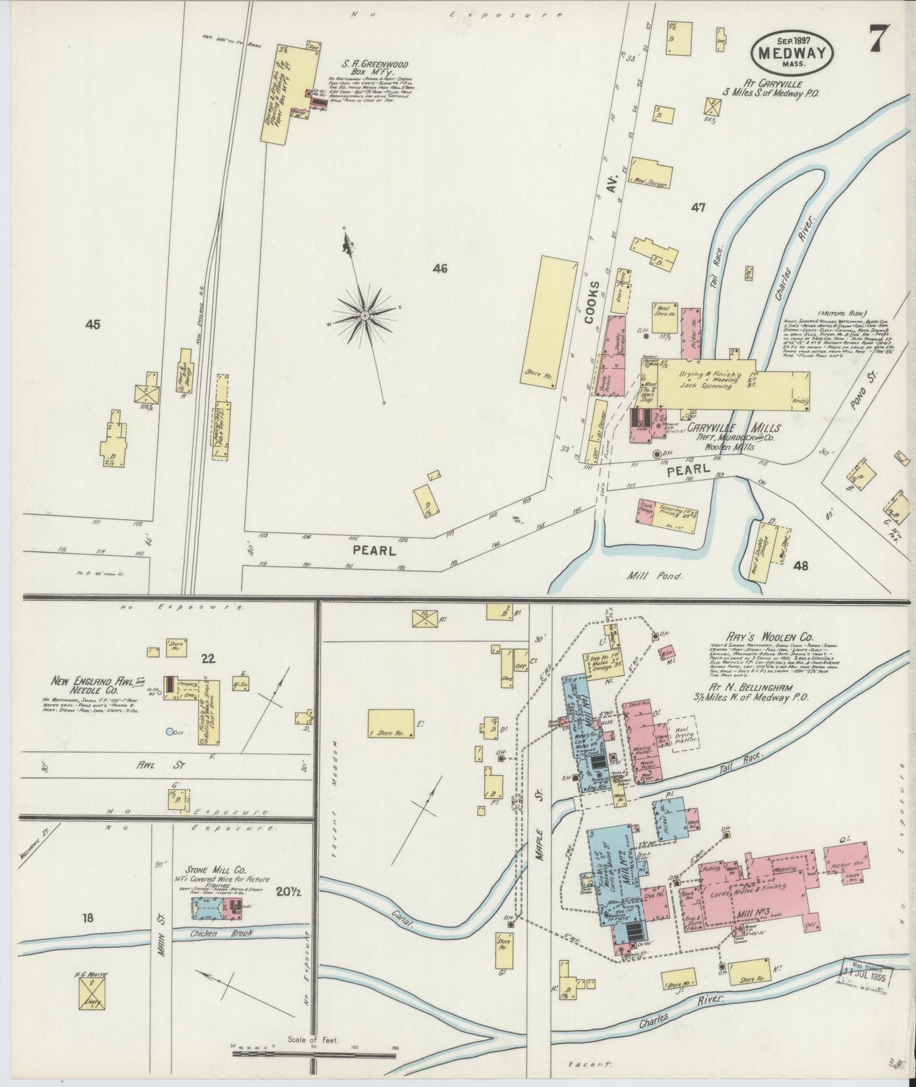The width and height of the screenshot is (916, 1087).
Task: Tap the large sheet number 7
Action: [x=878, y=39]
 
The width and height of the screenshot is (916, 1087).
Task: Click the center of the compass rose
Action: [x=364, y=315]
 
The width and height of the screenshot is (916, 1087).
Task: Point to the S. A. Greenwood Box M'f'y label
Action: [x=375, y=68]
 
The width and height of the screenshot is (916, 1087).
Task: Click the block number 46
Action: [x=440, y=268]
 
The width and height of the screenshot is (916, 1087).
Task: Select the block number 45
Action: [x=93, y=325]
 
